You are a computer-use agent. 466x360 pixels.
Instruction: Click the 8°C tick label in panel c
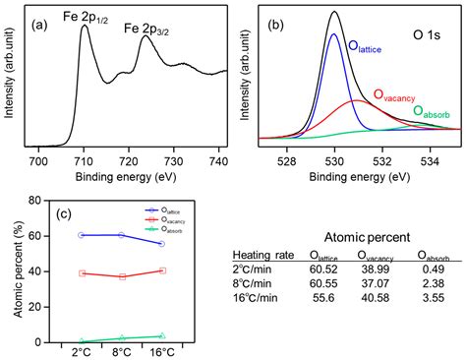tap(122, 351)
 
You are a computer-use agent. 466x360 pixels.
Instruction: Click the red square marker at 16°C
tap(162, 270)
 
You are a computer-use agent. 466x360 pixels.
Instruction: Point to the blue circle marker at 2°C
tap(82, 235)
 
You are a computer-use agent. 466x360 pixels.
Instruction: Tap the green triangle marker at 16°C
tap(162, 335)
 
